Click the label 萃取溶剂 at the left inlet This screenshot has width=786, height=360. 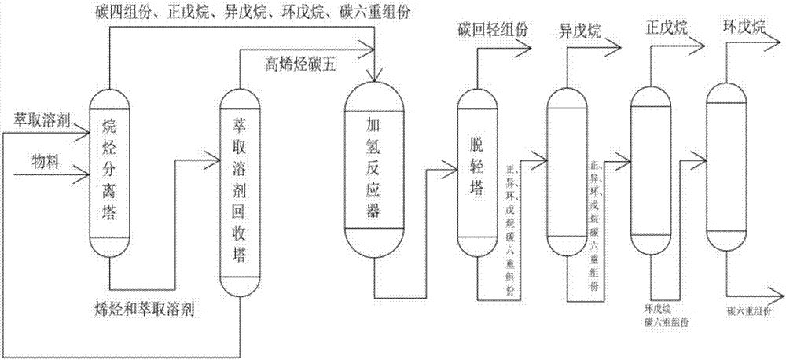click(x=42, y=121)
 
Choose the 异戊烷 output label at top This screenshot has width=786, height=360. click(x=580, y=31)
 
